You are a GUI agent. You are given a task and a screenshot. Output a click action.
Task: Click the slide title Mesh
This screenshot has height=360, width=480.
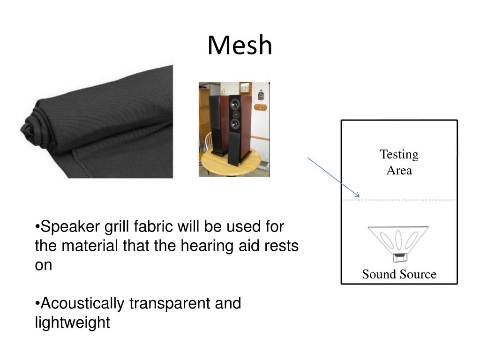coord(240,45)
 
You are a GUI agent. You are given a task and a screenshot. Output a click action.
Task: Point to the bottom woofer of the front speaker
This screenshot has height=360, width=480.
coord(234,124)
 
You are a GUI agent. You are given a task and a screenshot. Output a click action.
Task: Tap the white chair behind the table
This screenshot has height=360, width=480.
coord(208,141)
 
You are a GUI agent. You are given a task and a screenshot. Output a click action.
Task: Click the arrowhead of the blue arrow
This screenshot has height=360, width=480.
coord(358,195)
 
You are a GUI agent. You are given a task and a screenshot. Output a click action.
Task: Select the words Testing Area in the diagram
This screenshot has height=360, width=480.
coord(399,162)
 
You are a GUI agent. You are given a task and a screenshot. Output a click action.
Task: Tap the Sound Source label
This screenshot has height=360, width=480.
coord(399,274)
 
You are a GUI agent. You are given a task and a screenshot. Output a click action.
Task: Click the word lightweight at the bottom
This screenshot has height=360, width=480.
coord(73,322)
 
